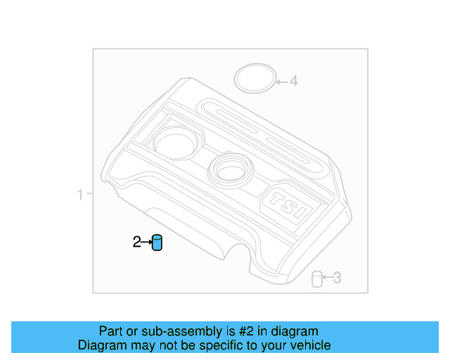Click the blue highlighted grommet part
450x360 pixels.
coord(157,243)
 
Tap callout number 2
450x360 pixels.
coord(136,243)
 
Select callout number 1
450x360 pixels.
coord(80,194)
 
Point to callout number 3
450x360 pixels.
coord(337,278)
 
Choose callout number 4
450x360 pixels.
coord(294,82)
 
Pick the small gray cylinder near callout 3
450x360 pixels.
coord(317,279)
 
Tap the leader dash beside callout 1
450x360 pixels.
coord(89,194)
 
